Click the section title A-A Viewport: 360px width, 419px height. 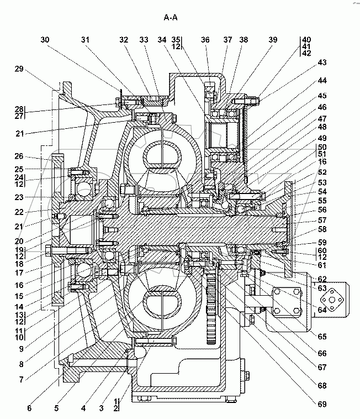click(171, 18)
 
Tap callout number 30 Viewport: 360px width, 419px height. click(45, 40)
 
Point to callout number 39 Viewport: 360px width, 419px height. click(273, 40)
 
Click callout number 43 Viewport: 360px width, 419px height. click(322, 62)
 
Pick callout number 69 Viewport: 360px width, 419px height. click(322, 405)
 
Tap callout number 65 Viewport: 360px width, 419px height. click(322, 336)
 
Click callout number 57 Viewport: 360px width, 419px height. click(322, 220)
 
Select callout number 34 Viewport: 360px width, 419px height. click(161, 40)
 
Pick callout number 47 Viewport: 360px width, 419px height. click(322, 118)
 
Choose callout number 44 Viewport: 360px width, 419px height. click(322, 80)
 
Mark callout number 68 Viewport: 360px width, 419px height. click(322, 386)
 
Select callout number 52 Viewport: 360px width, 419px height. click(322, 172)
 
